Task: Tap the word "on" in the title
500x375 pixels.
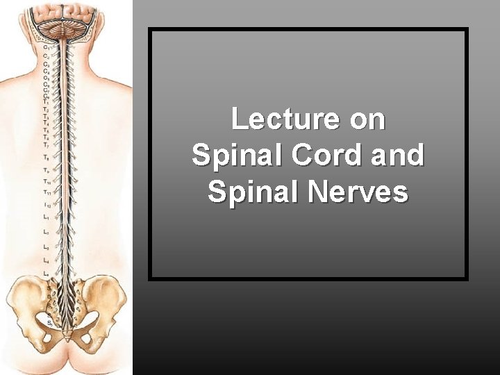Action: pyautogui.click(x=367, y=119)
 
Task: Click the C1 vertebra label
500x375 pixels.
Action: pyautogui.click(x=46, y=47)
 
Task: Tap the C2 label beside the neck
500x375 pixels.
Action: pyautogui.click(x=46, y=55)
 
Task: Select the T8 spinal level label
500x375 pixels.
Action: pyautogui.click(x=46, y=158)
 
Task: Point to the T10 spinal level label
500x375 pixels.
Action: pyautogui.click(x=46, y=183)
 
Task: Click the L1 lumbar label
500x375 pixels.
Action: pyautogui.click(x=46, y=218)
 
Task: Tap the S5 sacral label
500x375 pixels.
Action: pyautogui.click(x=49, y=322)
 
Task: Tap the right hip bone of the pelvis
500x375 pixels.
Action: pyautogui.click(x=108, y=299)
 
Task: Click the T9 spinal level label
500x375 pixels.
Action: pyautogui.click(x=46, y=170)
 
